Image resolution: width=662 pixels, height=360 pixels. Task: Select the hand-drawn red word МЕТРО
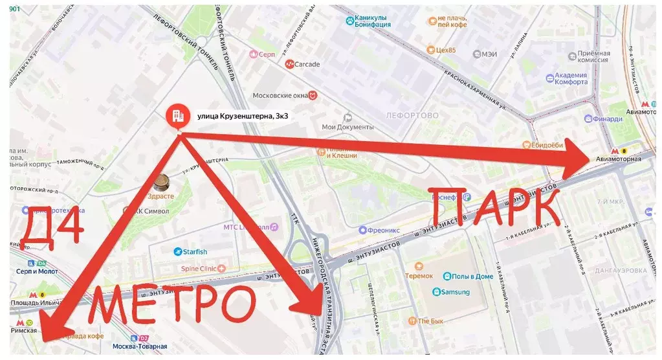pos(171,305)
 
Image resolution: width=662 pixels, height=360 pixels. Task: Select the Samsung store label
pos(455,292)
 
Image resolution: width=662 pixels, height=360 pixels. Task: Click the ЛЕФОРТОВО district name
pos(412,116)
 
